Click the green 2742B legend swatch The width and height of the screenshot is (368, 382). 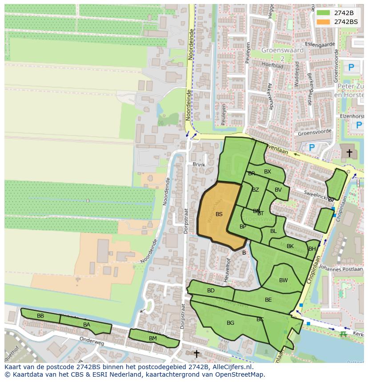point(323,13)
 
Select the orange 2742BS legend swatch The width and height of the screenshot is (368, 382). point(323,22)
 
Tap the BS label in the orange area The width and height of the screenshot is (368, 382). point(219,214)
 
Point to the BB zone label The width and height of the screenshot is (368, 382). point(40,316)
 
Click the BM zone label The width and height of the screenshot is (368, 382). point(153,339)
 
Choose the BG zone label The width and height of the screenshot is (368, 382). point(230,323)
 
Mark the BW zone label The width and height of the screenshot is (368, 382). point(283,280)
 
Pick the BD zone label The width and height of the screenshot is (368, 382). point(211,291)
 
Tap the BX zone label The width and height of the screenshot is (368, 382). point(268,172)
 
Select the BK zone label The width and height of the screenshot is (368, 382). point(290,246)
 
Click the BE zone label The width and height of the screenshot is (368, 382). point(268,300)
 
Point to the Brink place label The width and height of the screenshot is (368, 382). point(199,165)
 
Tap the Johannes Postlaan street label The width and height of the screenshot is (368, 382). point(341,268)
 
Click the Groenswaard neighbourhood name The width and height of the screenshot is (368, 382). point(283,50)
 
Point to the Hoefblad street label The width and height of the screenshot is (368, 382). point(272,64)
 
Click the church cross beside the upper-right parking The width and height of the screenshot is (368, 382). point(349,153)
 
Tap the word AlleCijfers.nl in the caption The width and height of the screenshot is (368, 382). point(231,367)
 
